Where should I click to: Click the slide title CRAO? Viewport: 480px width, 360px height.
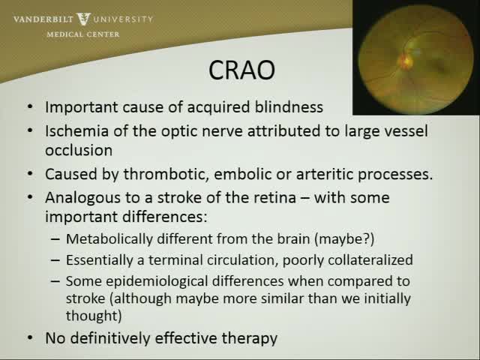click(x=241, y=70)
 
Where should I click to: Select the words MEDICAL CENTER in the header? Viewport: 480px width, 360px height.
click(x=82, y=34)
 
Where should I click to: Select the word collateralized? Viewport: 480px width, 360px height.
click(x=367, y=260)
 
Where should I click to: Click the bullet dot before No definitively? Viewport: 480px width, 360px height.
click(x=29, y=338)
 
